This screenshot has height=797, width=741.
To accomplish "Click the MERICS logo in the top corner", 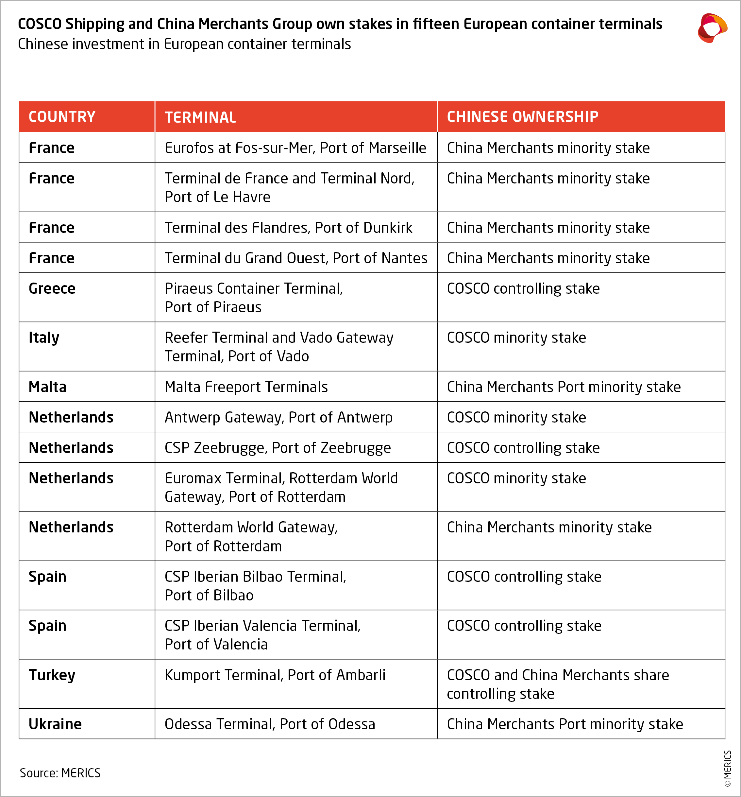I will (x=712, y=28).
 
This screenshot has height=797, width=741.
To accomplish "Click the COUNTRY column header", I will (x=62, y=117).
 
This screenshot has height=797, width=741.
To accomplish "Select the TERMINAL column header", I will (x=200, y=117).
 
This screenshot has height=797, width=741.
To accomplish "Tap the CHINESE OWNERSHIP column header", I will (x=522, y=117).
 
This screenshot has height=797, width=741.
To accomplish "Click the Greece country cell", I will (x=52, y=289).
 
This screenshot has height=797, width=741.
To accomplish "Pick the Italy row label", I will (x=44, y=338).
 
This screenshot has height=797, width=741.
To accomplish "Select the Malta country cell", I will (x=48, y=387).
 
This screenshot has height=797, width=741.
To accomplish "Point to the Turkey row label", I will (x=52, y=675).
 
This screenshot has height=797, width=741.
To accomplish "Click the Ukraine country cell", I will (x=55, y=724).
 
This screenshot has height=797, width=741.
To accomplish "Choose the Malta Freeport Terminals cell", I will (x=246, y=387).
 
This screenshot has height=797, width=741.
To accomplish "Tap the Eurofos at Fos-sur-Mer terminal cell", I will (x=295, y=148).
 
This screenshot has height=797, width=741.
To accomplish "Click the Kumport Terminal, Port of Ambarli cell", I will (x=275, y=675).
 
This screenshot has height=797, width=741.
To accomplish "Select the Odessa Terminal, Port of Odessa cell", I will (x=270, y=724).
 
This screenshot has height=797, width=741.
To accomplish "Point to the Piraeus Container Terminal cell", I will (x=254, y=298).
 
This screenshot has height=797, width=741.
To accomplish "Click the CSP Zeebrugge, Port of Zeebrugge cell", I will (x=278, y=448).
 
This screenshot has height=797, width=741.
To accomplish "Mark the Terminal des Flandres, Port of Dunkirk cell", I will (x=289, y=228).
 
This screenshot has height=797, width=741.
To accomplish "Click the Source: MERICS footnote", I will (x=60, y=772).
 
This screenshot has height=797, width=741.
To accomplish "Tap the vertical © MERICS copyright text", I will (x=727, y=768).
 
